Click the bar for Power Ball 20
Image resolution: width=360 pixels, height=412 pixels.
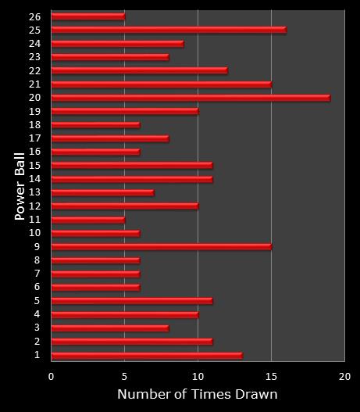click(191, 98)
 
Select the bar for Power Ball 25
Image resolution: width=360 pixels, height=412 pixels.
click(169, 30)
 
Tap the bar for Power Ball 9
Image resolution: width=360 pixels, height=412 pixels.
click(161, 247)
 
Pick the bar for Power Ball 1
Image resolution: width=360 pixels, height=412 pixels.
click(147, 355)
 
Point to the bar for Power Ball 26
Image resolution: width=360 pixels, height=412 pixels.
click(87, 16)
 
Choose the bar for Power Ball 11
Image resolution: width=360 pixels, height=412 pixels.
click(87, 220)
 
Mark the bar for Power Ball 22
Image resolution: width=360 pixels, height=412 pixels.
click(139, 70)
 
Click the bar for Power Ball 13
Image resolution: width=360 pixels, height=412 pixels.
click(102, 192)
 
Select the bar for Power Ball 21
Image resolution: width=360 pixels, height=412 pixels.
click(161, 84)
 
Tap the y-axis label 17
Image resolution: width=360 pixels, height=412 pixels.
click(34, 138)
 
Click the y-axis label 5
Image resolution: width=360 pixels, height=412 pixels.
click(37, 301)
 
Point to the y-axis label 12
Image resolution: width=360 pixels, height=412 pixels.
click(34, 206)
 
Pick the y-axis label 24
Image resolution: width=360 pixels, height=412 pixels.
click(34, 44)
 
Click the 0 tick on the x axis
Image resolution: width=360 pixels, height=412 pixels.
click(52, 376)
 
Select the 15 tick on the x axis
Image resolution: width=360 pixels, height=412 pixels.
click(271, 376)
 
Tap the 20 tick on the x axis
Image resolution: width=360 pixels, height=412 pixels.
click(344, 376)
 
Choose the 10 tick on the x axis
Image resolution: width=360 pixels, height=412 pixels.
click(198, 376)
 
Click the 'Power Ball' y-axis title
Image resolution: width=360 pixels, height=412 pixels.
click(21, 185)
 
